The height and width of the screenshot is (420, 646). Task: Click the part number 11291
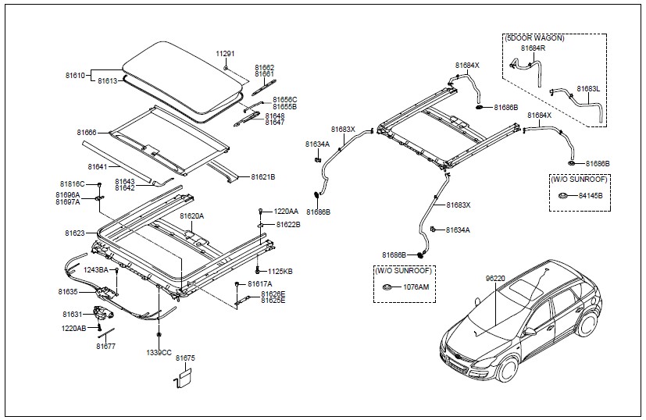pos(225,53)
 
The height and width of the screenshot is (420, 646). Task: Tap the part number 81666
pos(87,133)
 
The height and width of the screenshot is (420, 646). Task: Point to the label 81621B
pos(262,176)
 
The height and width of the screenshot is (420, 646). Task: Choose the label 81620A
pos(191,215)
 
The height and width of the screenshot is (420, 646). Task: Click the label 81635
pos(68,291)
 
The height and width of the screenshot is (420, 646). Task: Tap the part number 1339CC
pos(159,352)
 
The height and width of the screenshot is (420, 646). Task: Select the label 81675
pos(185,358)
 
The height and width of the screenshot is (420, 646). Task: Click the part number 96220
pos(495,278)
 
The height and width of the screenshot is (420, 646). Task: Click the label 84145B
pos(590,195)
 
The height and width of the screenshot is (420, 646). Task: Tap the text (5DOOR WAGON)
pos(535,38)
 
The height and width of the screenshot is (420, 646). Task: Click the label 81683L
pos(588,88)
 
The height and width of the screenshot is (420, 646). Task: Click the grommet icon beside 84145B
pos(561,194)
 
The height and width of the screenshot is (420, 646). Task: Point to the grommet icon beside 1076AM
pos(387,288)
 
